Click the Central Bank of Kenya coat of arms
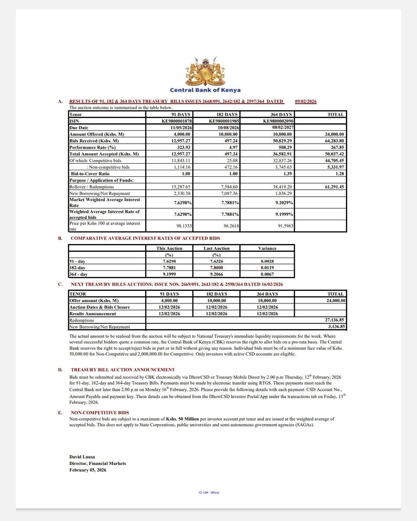pyautogui.click(x=205, y=71)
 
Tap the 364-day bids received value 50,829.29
pyautogui.click(x=277, y=141)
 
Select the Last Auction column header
pyautogui.click(x=216, y=248)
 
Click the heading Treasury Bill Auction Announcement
pyautogui.click(x=123, y=369)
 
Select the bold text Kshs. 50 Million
pyautogui.click(x=183, y=419)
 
